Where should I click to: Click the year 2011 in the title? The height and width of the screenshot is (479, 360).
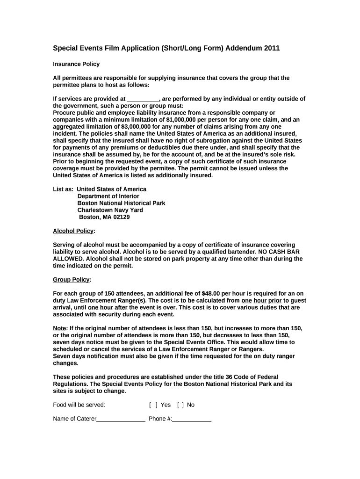(272, 48)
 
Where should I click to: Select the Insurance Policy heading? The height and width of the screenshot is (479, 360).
(76, 64)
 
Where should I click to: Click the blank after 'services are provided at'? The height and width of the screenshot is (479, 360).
(143, 99)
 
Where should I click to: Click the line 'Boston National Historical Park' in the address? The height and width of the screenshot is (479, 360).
(121, 203)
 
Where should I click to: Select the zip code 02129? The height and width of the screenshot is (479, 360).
(120, 217)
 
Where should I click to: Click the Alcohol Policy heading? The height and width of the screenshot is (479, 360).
(73, 231)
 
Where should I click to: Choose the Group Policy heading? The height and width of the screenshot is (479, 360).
(71, 280)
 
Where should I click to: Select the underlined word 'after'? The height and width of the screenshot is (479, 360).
(121, 308)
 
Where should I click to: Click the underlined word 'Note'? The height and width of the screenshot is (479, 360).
(60, 328)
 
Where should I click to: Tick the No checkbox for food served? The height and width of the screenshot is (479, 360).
(180, 405)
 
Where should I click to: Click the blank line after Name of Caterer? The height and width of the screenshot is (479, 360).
(121, 419)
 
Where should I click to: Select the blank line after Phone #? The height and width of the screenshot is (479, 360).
(192, 419)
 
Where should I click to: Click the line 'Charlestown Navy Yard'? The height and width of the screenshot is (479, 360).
(110, 210)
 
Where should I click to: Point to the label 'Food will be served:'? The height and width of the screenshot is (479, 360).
(79, 405)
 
